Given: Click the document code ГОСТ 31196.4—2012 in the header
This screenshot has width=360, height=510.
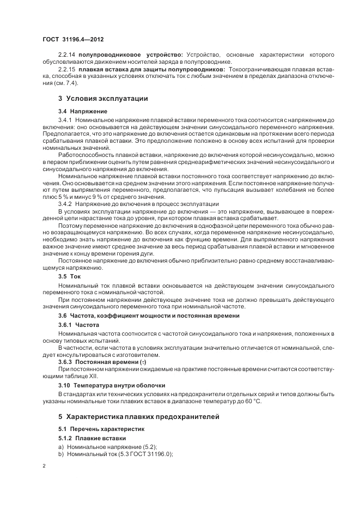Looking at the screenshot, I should (x=72, y=40).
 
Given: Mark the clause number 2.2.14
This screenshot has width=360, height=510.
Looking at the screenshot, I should (x=67, y=55).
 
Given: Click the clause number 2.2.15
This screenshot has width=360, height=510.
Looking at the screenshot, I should (x=67, y=70).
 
